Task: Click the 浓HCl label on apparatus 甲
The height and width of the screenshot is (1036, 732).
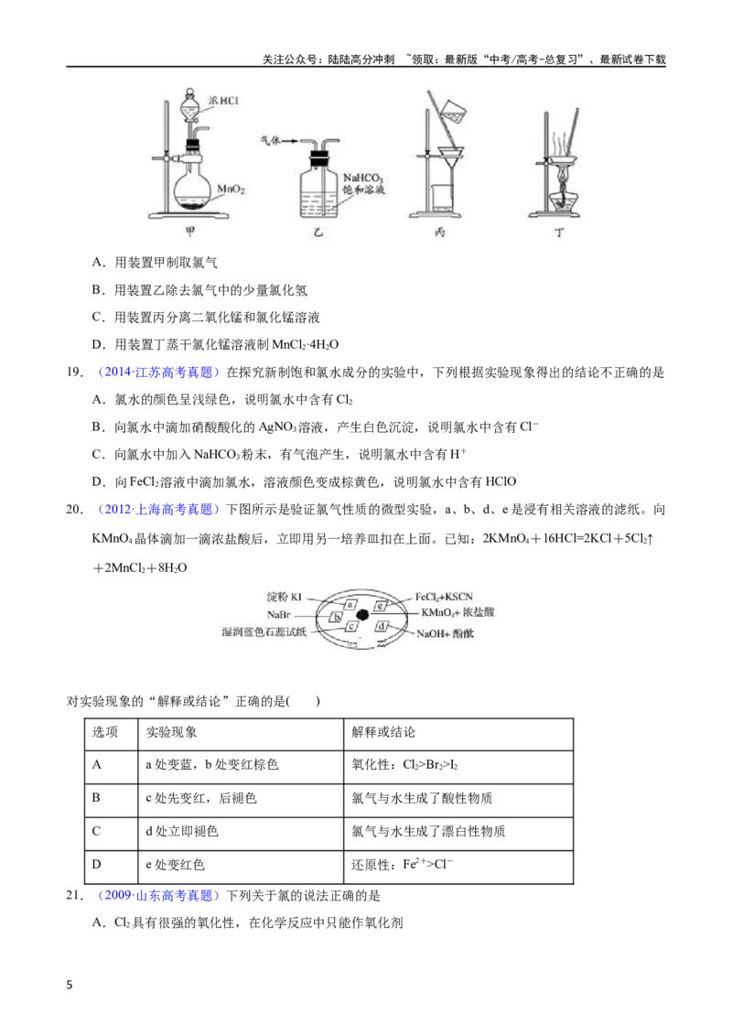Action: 222,101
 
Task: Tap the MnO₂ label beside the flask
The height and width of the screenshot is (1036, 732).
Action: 231,189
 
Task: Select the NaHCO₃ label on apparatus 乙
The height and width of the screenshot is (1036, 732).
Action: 362,178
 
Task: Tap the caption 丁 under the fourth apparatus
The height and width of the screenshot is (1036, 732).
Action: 559,232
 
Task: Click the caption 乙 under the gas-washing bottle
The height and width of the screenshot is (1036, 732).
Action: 318,232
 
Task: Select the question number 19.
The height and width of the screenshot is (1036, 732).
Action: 75,372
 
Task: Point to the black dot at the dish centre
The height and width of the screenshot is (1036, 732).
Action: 362,615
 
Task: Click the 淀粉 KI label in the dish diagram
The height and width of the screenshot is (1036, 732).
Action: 284,598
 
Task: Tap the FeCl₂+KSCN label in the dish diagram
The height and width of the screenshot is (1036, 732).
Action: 444,597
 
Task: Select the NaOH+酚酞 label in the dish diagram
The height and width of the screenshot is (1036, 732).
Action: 445,634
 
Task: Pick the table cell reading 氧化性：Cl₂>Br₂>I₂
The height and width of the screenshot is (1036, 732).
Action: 404,765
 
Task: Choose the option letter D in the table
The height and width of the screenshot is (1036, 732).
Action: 96,864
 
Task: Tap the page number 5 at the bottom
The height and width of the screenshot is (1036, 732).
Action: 70,985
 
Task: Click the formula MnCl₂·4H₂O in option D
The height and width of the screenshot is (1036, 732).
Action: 306,345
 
